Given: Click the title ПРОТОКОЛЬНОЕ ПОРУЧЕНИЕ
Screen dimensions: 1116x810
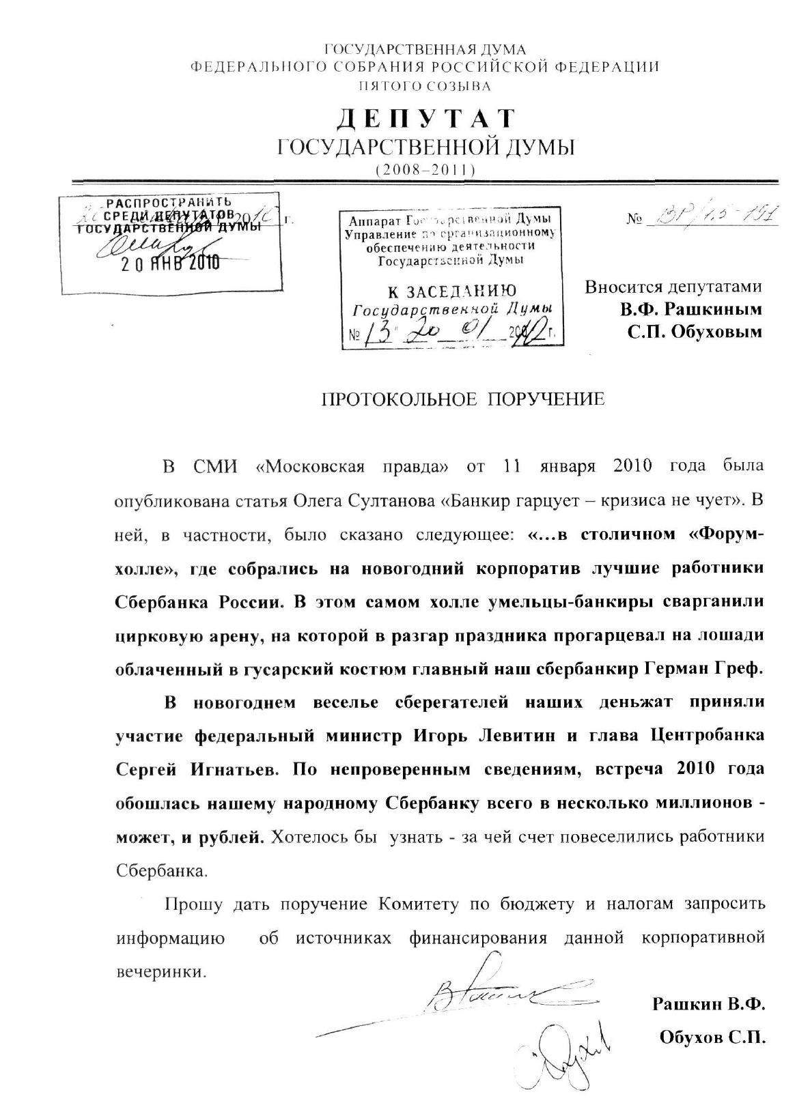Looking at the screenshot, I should click(463, 399).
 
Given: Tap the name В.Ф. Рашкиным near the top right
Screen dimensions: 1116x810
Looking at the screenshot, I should click(690, 309).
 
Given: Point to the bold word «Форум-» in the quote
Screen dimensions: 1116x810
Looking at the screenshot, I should click(721, 534).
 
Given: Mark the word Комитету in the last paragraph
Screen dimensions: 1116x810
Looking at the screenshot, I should click(417, 904).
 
